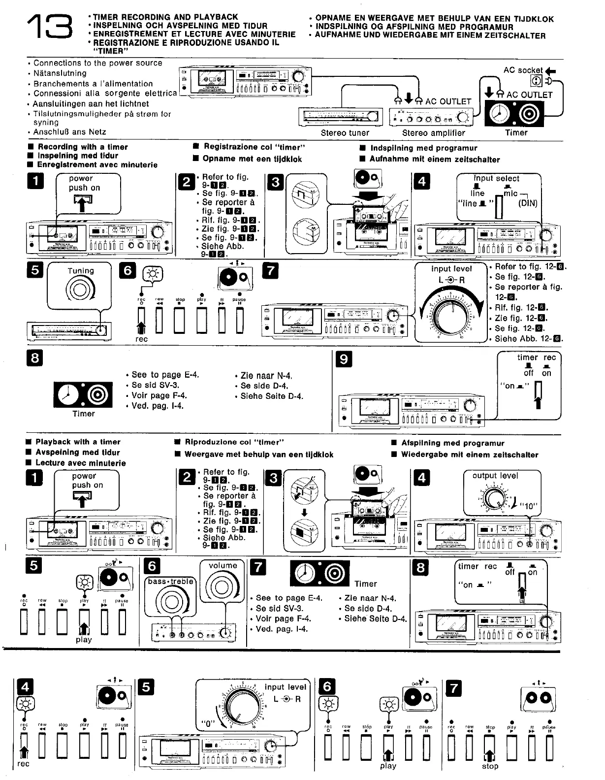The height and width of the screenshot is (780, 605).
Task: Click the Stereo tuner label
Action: coord(345,133)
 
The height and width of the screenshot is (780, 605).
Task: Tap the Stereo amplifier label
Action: coord(433,133)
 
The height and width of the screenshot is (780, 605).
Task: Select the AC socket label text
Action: coord(523,70)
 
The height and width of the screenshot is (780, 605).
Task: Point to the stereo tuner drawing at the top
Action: coord(340,117)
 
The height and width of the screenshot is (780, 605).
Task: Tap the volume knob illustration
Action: coord(223,589)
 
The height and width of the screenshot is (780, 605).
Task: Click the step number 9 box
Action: coord(344,359)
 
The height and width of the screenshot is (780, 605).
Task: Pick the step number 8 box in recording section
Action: coord(35,358)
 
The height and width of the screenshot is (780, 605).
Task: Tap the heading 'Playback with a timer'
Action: coord(78,442)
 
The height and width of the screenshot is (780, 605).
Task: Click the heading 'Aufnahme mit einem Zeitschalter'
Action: coord(434,160)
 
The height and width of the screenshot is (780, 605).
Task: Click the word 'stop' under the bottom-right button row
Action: coord(490,766)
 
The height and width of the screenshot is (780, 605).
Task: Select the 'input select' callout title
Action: coord(496,179)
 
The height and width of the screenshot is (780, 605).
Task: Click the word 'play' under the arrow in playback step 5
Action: coord(84,640)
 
